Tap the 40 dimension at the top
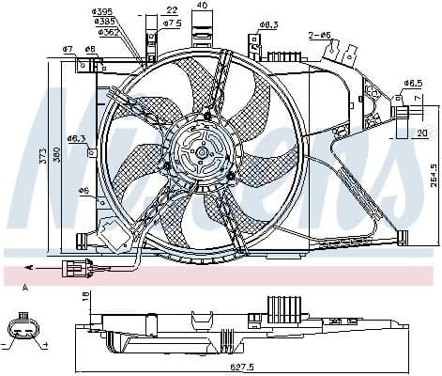tap(203, 6)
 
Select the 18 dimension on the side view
tap(85, 296)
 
